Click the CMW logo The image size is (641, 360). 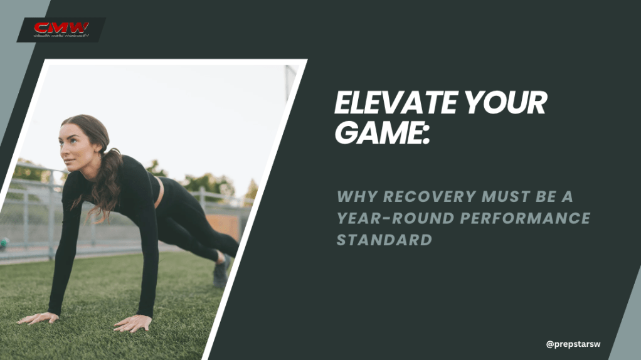pyautogui.click(x=61, y=29)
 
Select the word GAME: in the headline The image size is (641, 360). pyautogui.click(x=382, y=132)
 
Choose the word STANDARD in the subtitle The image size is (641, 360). pyautogui.click(x=384, y=240)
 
